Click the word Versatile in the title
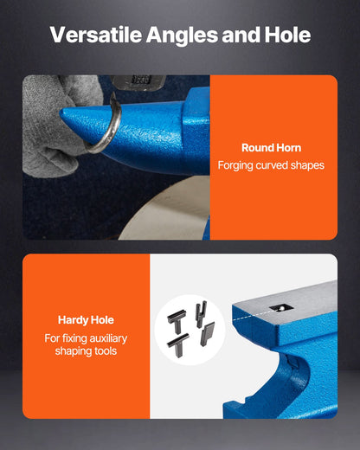pyautogui.click(x=96, y=35)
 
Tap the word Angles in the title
pyautogui.click(x=182, y=35)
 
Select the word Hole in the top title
pyautogui.click(x=287, y=35)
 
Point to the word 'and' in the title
pyautogui.click(x=241, y=35)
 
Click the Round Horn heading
pyautogui.click(x=271, y=148)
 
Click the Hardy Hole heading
pyautogui.click(x=86, y=320)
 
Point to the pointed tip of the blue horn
pyautogui.click(x=61, y=113)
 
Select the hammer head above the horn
pyautogui.click(x=138, y=81)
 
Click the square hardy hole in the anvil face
pyautogui.click(x=281, y=308)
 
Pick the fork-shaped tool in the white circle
pyautogui.click(x=201, y=314)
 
